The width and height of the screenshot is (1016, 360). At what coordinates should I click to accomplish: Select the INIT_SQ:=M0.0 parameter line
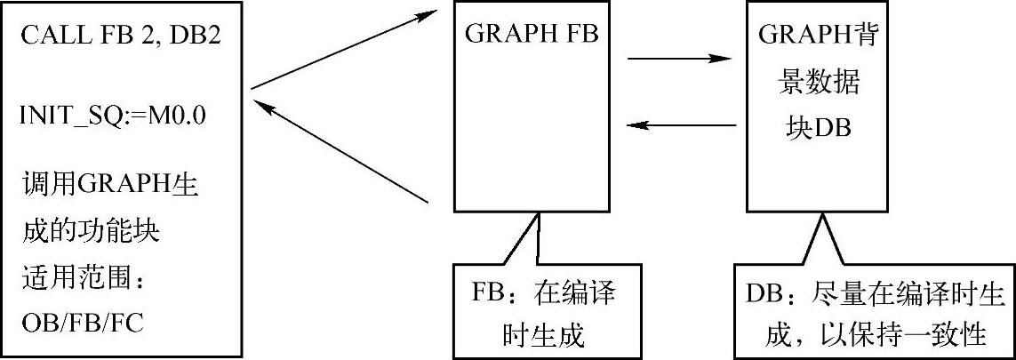tap(113, 116)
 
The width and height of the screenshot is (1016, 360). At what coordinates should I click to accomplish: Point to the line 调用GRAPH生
tap(109, 188)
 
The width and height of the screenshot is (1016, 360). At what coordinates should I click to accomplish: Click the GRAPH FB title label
tap(531, 34)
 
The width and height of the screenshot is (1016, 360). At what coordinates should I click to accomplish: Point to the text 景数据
tap(816, 81)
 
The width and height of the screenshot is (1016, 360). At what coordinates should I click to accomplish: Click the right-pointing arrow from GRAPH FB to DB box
tap(680, 60)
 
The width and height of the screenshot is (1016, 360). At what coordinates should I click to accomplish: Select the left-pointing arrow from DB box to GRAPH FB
tap(680, 125)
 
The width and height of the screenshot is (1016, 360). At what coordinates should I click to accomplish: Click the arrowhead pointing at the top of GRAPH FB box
tap(432, 16)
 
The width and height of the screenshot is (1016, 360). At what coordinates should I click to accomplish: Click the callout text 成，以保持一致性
tap(875, 334)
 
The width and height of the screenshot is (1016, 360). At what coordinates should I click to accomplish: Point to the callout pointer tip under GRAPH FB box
tap(536, 214)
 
